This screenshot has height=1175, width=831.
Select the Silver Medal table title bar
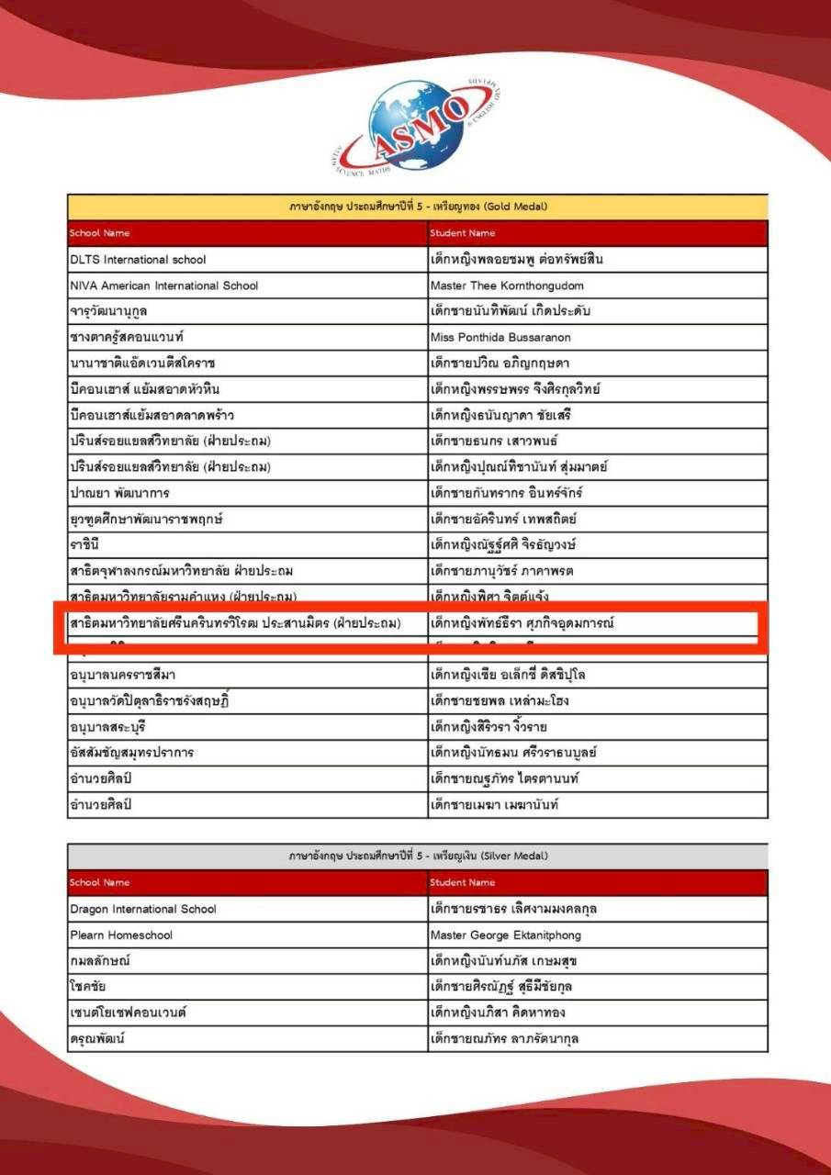418,856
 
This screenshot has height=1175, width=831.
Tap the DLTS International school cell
139,260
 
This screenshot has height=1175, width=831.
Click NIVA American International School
164,285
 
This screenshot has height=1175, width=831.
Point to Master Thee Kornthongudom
507,285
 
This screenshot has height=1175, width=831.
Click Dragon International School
143,909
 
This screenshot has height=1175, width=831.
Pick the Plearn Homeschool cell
121,935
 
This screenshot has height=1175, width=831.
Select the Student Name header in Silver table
463,882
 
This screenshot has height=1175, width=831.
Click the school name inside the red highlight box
236,623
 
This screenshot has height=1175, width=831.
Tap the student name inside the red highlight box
522,623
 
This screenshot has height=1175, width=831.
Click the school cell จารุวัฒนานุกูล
108,311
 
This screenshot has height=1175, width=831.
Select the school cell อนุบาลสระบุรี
107,727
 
